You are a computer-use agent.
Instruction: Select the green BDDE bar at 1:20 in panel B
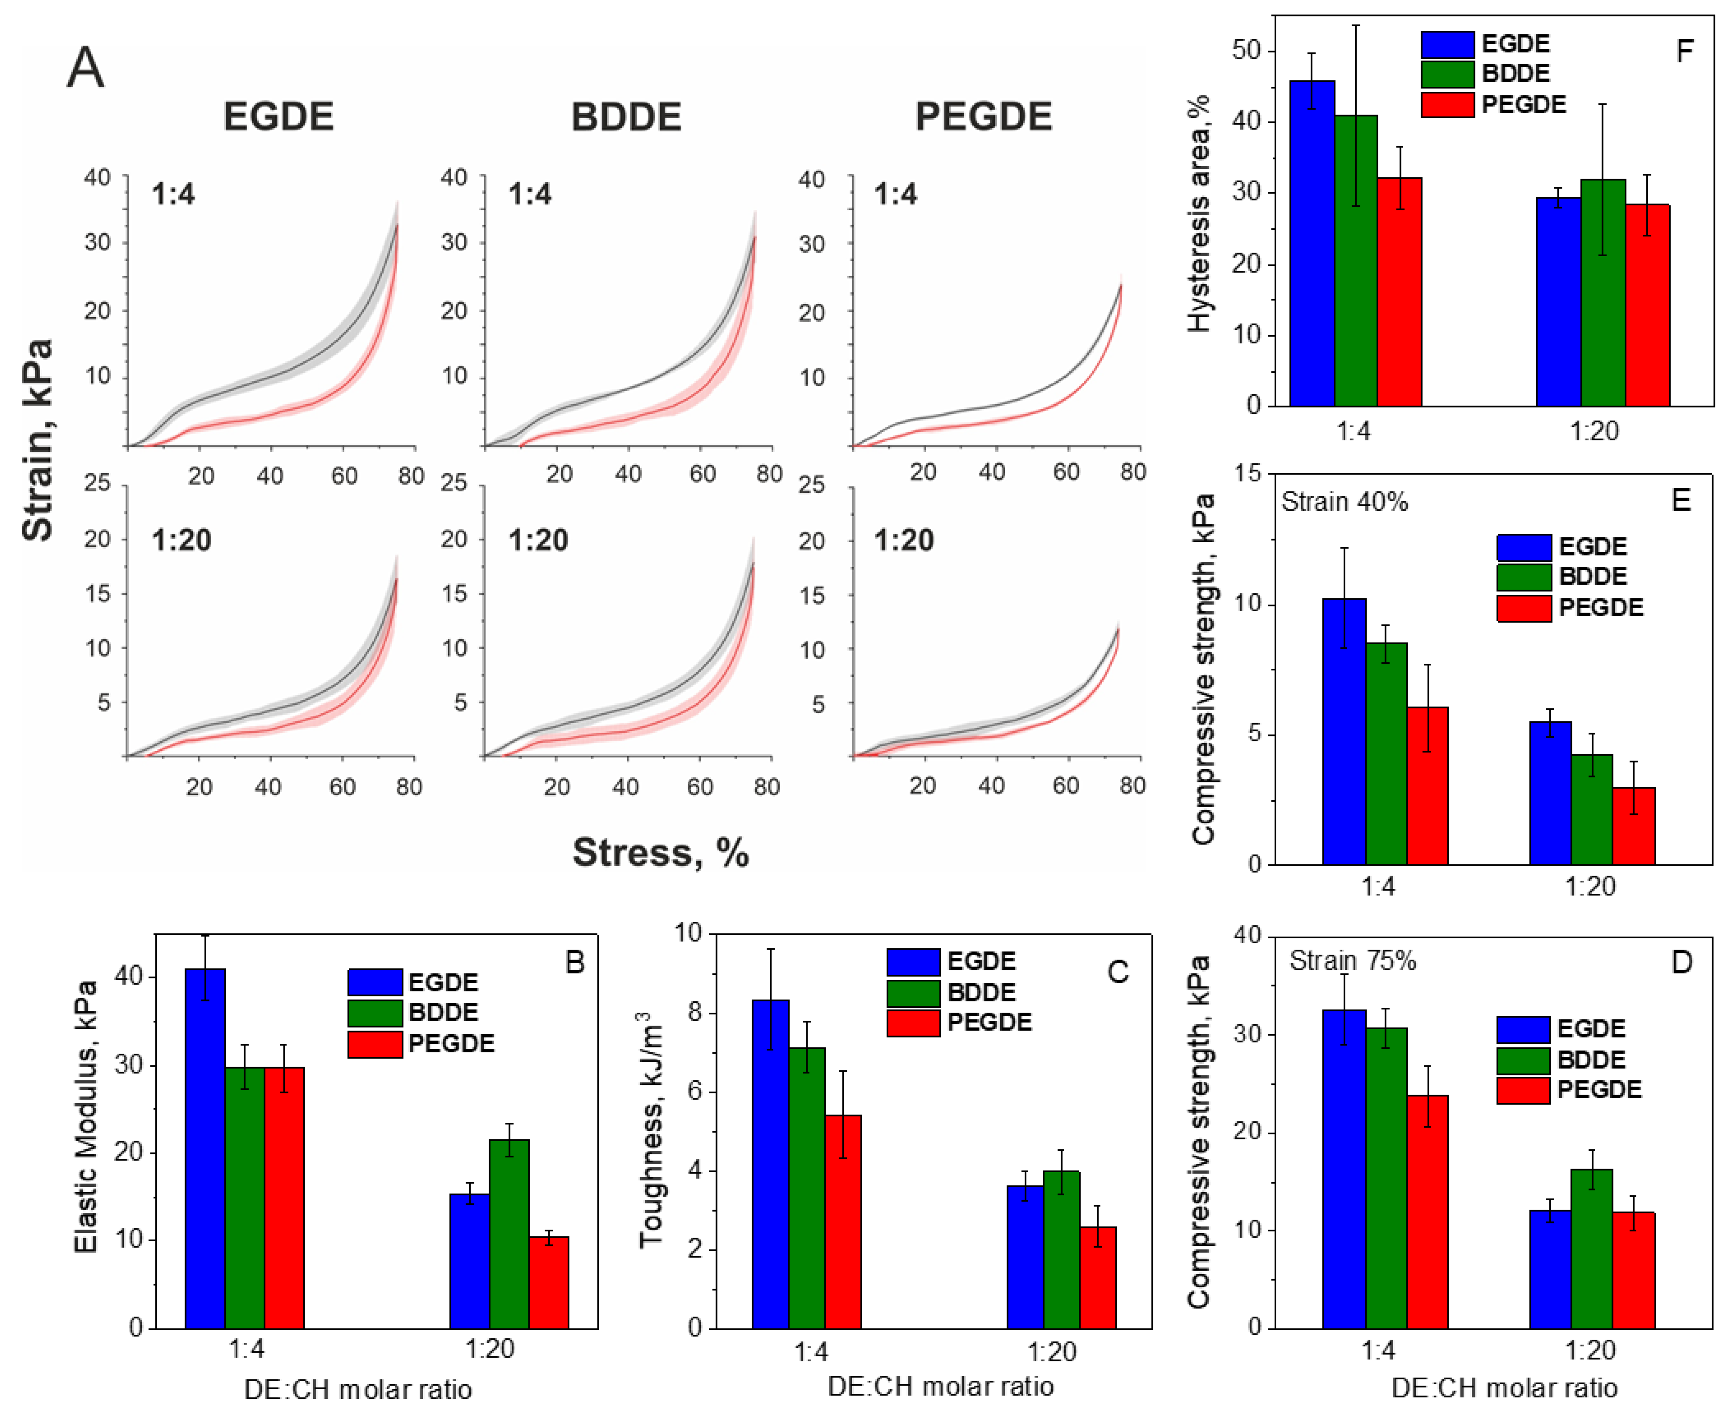click(510, 1233)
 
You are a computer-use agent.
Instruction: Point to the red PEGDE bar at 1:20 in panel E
click(1634, 826)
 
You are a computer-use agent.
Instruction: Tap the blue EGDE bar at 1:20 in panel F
click(1559, 302)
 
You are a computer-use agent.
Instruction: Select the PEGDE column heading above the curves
click(984, 117)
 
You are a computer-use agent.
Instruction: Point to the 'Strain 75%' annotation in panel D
click(1353, 961)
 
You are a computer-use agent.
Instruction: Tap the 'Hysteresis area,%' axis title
click(1198, 213)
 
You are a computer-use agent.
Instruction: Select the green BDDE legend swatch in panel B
click(375, 1012)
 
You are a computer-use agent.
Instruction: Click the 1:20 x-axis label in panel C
click(1051, 1352)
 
